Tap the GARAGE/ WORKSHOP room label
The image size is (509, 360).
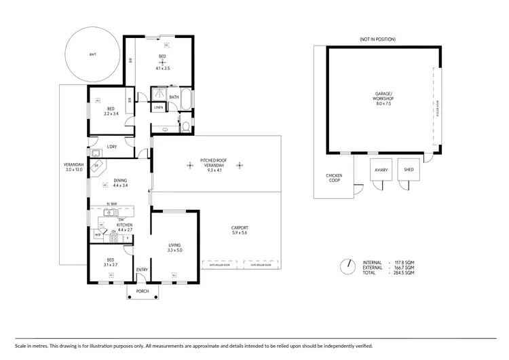(x=384, y=99)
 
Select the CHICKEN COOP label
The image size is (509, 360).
(x=334, y=179)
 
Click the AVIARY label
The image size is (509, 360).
(x=380, y=169)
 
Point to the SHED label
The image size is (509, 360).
(x=409, y=169)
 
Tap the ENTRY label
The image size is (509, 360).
(x=142, y=270)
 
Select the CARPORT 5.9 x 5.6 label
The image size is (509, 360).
(x=240, y=230)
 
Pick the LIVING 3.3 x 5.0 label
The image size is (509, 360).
(x=175, y=247)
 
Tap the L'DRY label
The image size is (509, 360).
(x=111, y=147)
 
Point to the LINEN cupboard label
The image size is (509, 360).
(x=158, y=107)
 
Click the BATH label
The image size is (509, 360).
(x=174, y=97)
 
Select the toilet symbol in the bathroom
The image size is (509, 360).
(x=186, y=125)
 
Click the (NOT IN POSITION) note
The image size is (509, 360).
(x=377, y=39)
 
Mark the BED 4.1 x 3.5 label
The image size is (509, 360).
(x=162, y=60)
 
